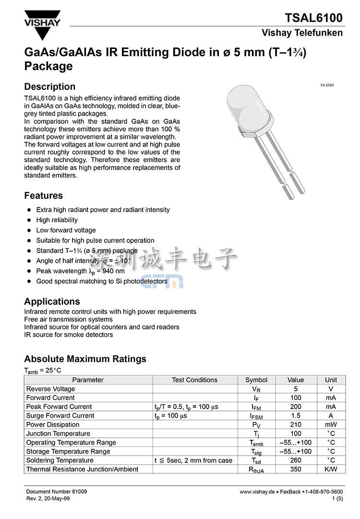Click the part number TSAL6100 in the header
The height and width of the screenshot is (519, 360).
[314, 18]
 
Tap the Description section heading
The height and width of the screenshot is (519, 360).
[50, 87]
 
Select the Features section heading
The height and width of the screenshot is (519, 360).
[44, 196]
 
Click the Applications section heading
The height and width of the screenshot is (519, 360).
[52, 302]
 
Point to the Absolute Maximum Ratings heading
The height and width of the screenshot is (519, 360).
[85, 359]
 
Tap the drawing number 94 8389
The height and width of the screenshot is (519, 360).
[326, 85]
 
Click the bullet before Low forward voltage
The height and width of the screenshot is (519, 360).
[29, 230]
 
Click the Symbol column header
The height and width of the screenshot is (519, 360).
[256, 380]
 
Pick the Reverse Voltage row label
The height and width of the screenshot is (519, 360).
[50, 389]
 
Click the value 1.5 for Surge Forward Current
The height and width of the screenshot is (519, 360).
[296, 416]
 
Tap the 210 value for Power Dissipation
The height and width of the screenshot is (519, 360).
[296, 425]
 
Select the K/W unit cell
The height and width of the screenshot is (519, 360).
[331, 470]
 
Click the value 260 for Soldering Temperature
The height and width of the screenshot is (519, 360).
[296, 460]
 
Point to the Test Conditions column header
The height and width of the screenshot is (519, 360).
[194, 380]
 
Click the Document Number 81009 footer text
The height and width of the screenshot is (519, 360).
[56, 492]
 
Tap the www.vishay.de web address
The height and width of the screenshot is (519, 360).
[257, 492]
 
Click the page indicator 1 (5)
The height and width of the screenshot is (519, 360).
[337, 499]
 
